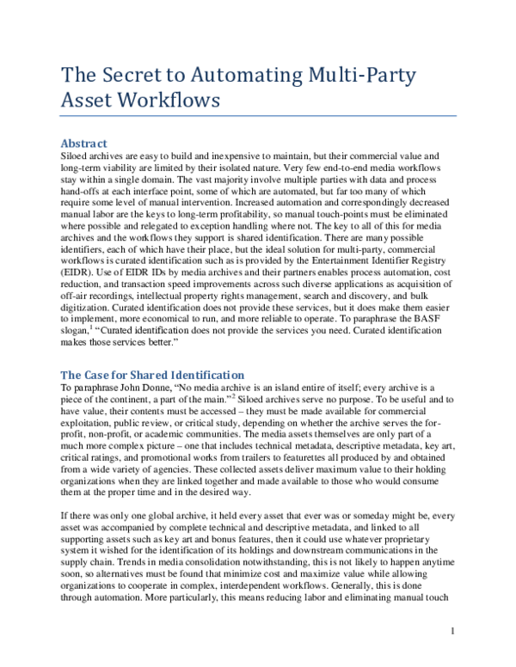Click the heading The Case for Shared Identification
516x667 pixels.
(153, 375)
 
